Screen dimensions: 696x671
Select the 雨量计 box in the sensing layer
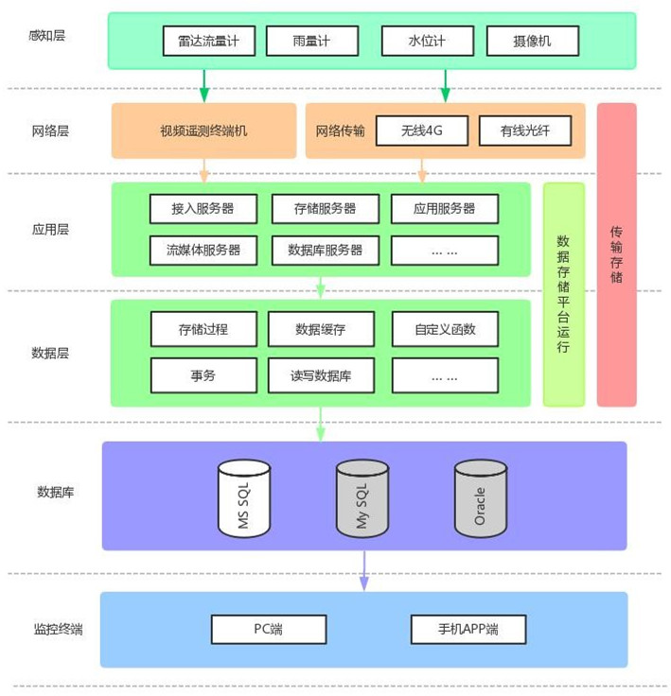[x=311, y=41]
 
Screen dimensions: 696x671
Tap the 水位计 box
[x=426, y=41]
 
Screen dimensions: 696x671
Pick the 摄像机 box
[x=532, y=41]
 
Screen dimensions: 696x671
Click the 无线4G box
[x=422, y=130]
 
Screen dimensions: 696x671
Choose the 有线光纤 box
[x=525, y=130]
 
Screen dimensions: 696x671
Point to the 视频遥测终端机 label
[x=203, y=130]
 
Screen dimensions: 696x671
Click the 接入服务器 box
[x=203, y=208]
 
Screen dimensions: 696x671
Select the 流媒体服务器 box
[x=203, y=250]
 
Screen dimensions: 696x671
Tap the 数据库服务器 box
[x=325, y=250]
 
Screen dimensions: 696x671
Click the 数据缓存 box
[x=321, y=329]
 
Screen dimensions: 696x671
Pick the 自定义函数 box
[x=444, y=329]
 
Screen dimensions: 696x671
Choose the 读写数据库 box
[x=321, y=374]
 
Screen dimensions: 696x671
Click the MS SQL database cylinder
[x=244, y=496]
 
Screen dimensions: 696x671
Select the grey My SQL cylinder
[x=362, y=496]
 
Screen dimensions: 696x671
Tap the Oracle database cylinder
[x=480, y=496]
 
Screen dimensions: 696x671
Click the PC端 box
[x=269, y=629]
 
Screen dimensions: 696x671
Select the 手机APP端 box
[x=468, y=629]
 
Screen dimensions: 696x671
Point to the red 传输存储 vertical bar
[x=616, y=253]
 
